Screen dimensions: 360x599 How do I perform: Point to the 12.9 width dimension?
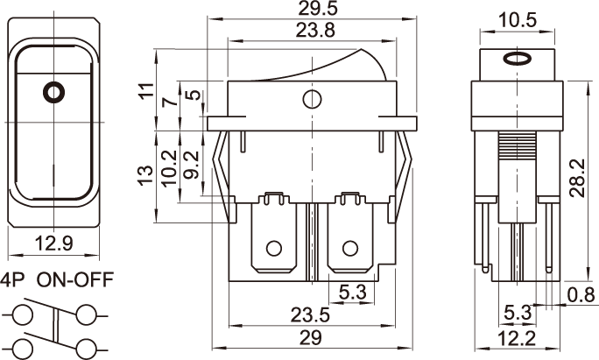[53, 242]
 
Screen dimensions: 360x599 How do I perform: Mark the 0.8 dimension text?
[580, 294]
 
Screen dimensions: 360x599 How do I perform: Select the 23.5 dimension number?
[311, 316]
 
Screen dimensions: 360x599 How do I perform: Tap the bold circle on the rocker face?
[53, 90]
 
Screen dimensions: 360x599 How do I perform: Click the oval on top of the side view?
[518, 60]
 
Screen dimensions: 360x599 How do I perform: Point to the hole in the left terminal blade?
[274, 247]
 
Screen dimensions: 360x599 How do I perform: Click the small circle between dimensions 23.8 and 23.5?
[310, 99]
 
